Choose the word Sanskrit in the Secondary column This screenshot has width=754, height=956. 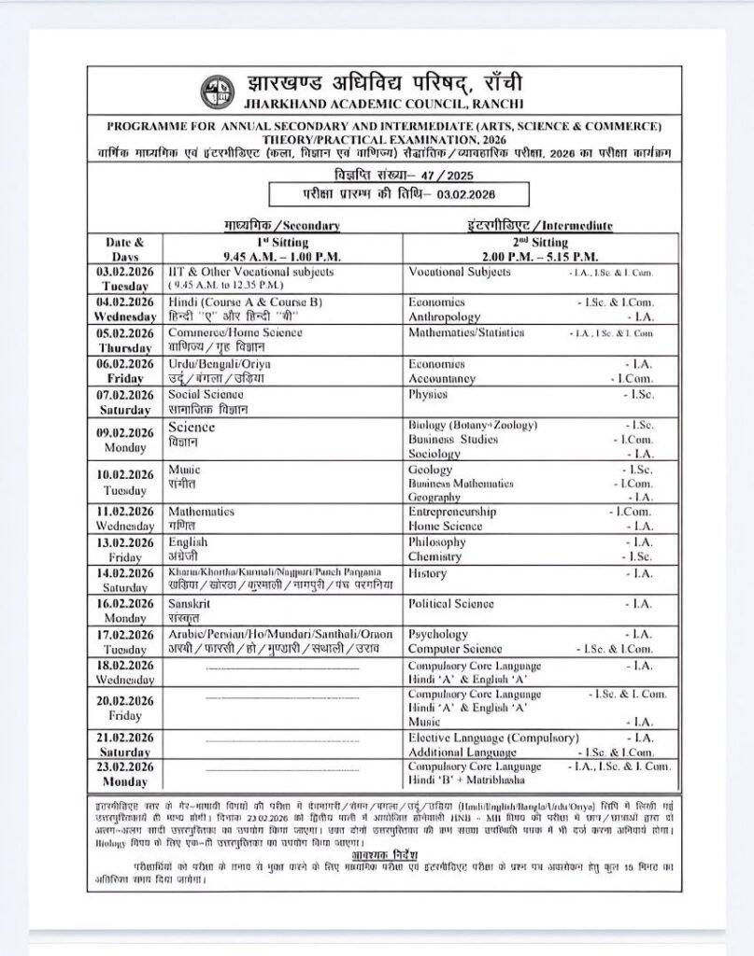click(189, 603)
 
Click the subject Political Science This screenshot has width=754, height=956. click(452, 603)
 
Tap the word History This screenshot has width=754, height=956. click(428, 573)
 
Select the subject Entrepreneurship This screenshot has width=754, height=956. click(452, 512)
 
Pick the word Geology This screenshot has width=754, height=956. click(430, 470)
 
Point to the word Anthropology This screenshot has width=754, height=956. click(445, 317)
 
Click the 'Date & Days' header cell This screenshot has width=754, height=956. click(125, 248)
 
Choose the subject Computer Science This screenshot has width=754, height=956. click(454, 649)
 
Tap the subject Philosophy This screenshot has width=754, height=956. click(437, 541)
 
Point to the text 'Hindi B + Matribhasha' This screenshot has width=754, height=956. click(466, 780)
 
